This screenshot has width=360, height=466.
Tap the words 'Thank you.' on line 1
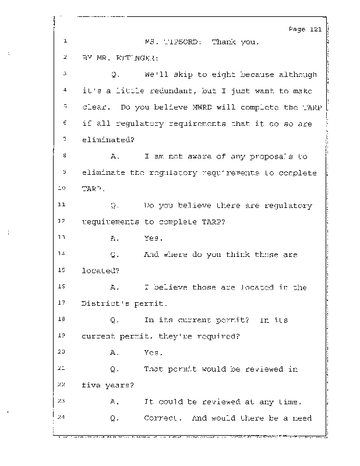(232, 42)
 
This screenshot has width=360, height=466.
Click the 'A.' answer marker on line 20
(114, 352)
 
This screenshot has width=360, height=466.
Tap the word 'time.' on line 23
(290, 401)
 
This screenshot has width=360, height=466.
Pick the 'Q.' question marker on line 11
(114, 205)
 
